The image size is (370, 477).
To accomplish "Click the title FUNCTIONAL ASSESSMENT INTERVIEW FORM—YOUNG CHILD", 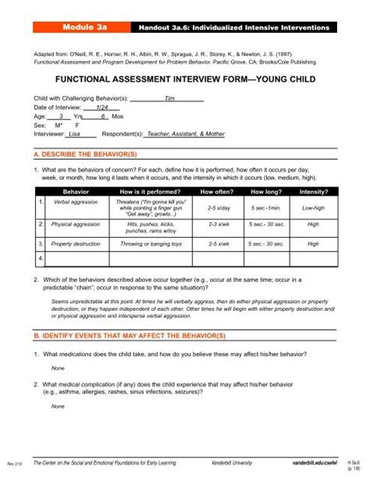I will click(x=184, y=80).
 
